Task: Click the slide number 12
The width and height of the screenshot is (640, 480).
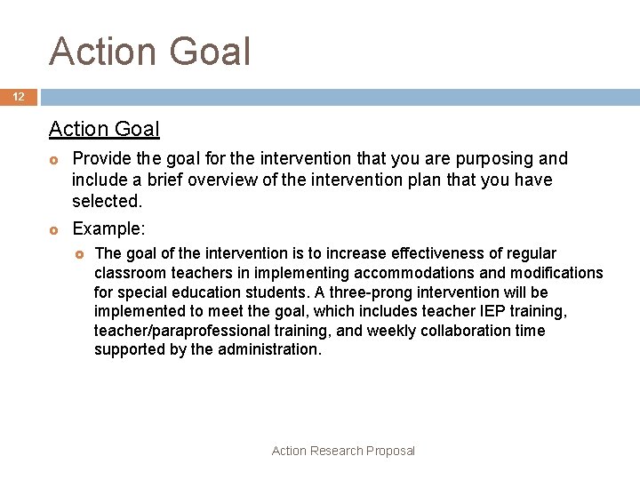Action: tap(18, 97)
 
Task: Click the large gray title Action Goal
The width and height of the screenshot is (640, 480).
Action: tap(150, 52)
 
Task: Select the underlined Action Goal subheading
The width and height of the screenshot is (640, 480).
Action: tap(104, 129)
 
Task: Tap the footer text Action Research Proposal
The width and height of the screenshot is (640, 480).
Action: tap(343, 451)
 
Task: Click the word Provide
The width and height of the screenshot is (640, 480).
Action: tap(100, 159)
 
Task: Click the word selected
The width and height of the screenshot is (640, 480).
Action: tap(107, 202)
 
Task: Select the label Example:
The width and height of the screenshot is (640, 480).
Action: tap(108, 228)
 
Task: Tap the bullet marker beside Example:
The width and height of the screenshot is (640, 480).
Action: tap(54, 229)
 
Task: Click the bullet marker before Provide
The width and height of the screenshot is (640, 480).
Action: tap(54, 160)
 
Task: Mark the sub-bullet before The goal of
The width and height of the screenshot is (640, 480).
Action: tap(79, 254)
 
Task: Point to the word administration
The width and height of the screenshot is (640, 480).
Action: tap(267, 349)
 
